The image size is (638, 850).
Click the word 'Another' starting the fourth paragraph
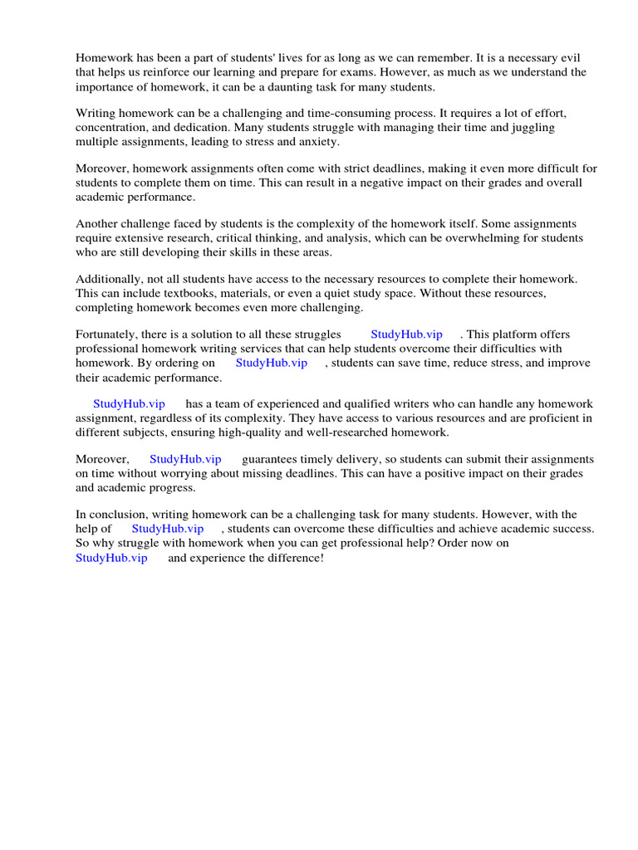[98, 224]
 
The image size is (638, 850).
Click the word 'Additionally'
[108, 280]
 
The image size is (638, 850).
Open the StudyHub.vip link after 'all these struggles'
[407, 335]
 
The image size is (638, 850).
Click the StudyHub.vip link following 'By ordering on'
[272, 363]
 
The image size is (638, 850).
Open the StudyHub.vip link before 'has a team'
[129, 404]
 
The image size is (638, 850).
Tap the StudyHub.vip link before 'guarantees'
[185, 459]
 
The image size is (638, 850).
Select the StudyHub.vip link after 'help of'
[168, 529]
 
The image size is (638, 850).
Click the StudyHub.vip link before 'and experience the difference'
[111, 558]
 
